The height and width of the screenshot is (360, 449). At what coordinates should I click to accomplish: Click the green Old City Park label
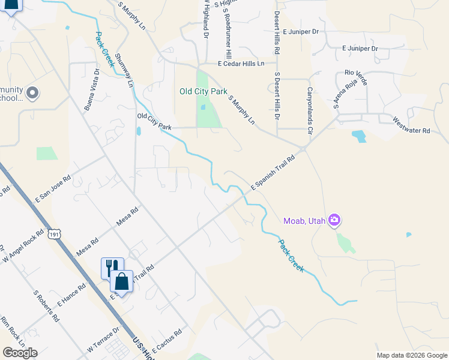pyautogui.click(x=203, y=92)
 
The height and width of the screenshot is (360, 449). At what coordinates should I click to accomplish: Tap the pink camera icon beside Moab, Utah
pyautogui.click(x=335, y=221)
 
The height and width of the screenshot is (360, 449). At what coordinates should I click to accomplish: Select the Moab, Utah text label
pyautogui.click(x=304, y=221)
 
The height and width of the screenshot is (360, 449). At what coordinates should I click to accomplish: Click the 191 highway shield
pyautogui.click(x=55, y=233)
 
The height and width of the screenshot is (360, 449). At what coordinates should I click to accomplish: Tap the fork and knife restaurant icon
pyautogui.click(x=111, y=267)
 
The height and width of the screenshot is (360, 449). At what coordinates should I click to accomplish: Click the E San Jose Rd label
pyautogui.click(x=53, y=188)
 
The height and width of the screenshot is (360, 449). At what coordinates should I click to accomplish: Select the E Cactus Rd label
pyautogui.click(x=167, y=341)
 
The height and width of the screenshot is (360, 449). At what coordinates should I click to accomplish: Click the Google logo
pyautogui.click(x=20, y=353)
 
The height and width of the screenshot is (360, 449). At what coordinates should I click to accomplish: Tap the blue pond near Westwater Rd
pyautogui.click(x=359, y=136)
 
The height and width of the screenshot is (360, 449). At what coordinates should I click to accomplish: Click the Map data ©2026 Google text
pyautogui.click(x=412, y=355)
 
